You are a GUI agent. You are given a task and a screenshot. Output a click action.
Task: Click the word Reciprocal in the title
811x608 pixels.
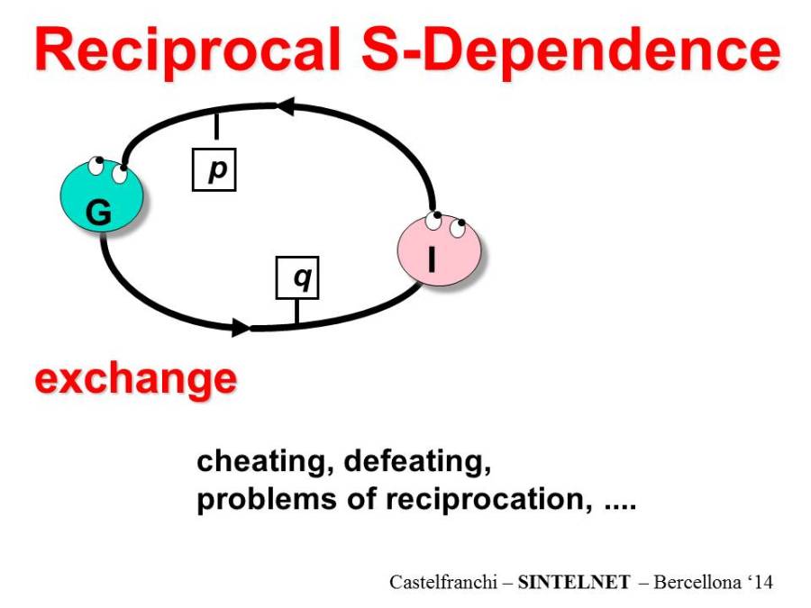pyautogui.click(x=187, y=50)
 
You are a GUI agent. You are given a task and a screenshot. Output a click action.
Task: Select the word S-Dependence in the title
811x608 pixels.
pyautogui.click(x=570, y=50)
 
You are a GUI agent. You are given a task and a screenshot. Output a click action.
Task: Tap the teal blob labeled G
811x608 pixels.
pyautogui.click(x=101, y=195)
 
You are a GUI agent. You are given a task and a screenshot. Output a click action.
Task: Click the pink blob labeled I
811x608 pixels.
pyautogui.click(x=439, y=249)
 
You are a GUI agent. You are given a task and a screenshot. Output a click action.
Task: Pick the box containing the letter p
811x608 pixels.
pyautogui.click(x=214, y=169)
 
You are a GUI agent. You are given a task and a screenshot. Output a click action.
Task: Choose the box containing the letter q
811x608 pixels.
pyautogui.click(x=297, y=277)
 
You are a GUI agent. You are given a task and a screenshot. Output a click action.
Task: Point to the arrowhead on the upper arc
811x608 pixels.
pyautogui.click(x=286, y=106)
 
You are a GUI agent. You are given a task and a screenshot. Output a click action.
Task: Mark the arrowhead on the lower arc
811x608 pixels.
pyautogui.click(x=241, y=327)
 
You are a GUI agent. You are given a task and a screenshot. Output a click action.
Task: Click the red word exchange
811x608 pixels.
pyautogui.click(x=135, y=380)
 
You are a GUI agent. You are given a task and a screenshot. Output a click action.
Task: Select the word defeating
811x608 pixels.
pyautogui.click(x=417, y=461)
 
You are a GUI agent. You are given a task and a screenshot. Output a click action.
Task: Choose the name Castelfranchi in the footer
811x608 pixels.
pyautogui.click(x=443, y=582)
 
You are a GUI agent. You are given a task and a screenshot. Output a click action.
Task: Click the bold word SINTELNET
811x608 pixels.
pyautogui.click(x=574, y=582)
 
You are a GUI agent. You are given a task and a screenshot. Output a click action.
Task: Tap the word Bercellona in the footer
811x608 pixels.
pyautogui.click(x=697, y=582)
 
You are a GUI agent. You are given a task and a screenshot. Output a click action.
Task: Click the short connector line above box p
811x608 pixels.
pyautogui.click(x=216, y=126)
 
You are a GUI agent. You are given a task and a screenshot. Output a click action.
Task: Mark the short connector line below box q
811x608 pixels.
pyautogui.click(x=296, y=312)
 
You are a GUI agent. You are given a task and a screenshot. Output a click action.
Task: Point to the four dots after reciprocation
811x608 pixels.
pyautogui.click(x=620, y=507)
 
